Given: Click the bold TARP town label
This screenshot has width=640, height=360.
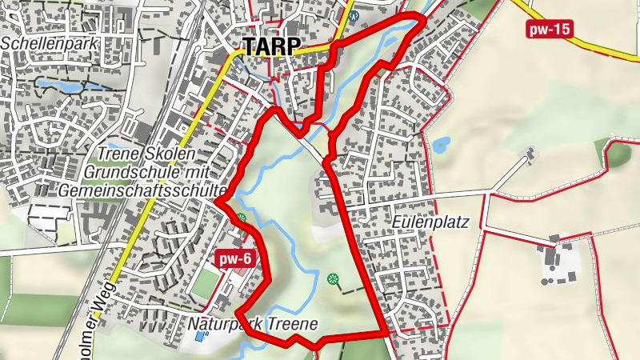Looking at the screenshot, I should click(x=270, y=46).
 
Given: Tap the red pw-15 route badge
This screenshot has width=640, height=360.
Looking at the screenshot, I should click(x=550, y=30).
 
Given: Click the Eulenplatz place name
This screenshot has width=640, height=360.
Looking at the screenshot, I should click(x=430, y=222).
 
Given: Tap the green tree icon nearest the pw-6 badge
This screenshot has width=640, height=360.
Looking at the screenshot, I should click(x=241, y=218).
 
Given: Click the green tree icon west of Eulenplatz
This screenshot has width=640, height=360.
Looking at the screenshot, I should click(x=333, y=278).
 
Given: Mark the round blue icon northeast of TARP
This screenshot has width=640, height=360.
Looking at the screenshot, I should click(x=354, y=15).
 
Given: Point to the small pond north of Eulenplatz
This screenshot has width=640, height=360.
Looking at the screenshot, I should click(x=441, y=145).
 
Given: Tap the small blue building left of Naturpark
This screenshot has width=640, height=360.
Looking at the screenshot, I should click(x=199, y=337).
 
